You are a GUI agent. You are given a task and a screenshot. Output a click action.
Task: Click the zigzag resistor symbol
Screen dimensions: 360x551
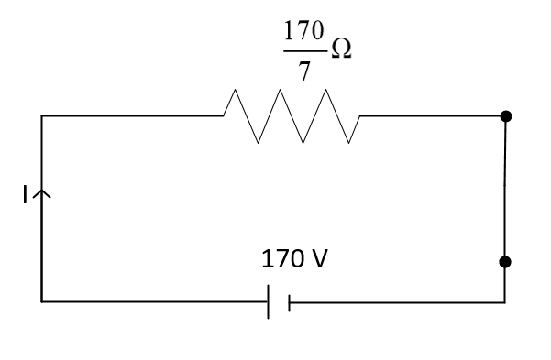click(292, 116)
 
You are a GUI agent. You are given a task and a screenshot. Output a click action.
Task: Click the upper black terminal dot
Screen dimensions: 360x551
click(505, 116)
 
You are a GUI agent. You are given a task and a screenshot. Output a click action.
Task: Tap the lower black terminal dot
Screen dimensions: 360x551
click(504, 262)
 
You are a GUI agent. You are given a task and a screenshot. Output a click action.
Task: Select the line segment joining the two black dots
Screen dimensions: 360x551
click(505, 189)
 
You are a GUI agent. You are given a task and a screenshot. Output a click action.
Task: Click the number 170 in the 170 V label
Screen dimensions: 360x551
click(280, 259)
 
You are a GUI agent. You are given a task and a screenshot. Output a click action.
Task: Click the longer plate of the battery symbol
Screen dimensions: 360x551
click(269, 300)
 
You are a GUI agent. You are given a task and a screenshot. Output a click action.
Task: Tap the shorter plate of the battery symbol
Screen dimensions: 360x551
click(289, 300)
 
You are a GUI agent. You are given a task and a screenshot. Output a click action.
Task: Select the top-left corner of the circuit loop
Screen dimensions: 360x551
click(42, 116)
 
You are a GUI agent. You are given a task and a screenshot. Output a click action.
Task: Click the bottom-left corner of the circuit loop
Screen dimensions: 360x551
click(42, 300)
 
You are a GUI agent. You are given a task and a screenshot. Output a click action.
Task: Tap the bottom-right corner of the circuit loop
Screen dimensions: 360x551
click(504, 300)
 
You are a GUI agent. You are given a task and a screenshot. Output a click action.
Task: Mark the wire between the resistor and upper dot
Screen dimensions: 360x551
click(431, 116)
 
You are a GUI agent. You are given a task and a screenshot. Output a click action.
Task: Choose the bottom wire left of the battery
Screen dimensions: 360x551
click(156, 300)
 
